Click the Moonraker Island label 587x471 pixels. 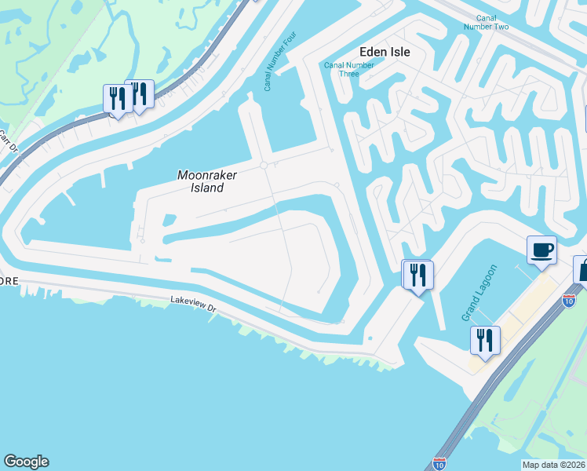click(x=201, y=181)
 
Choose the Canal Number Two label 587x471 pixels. click(x=492, y=22)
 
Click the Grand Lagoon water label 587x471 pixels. click(x=470, y=296)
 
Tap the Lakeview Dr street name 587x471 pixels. click(x=192, y=304)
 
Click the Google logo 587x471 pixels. click(x=26, y=462)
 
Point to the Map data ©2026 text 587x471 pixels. click(x=553, y=465)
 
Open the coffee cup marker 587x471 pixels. click(x=541, y=250)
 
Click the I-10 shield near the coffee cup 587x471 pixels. click(x=569, y=299)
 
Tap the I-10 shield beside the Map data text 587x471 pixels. click(x=439, y=464)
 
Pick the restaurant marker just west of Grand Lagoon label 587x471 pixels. click(x=416, y=275)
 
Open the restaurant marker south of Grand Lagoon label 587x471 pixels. click(x=484, y=341)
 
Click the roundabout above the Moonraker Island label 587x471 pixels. click(x=264, y=165)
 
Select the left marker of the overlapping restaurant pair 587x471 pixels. click(x=117, y=99)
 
